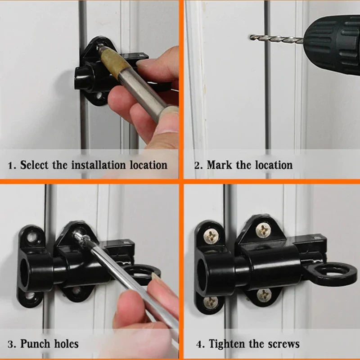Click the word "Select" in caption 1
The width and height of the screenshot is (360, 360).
(35, 165)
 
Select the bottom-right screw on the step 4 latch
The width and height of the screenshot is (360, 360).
(264, 295)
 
